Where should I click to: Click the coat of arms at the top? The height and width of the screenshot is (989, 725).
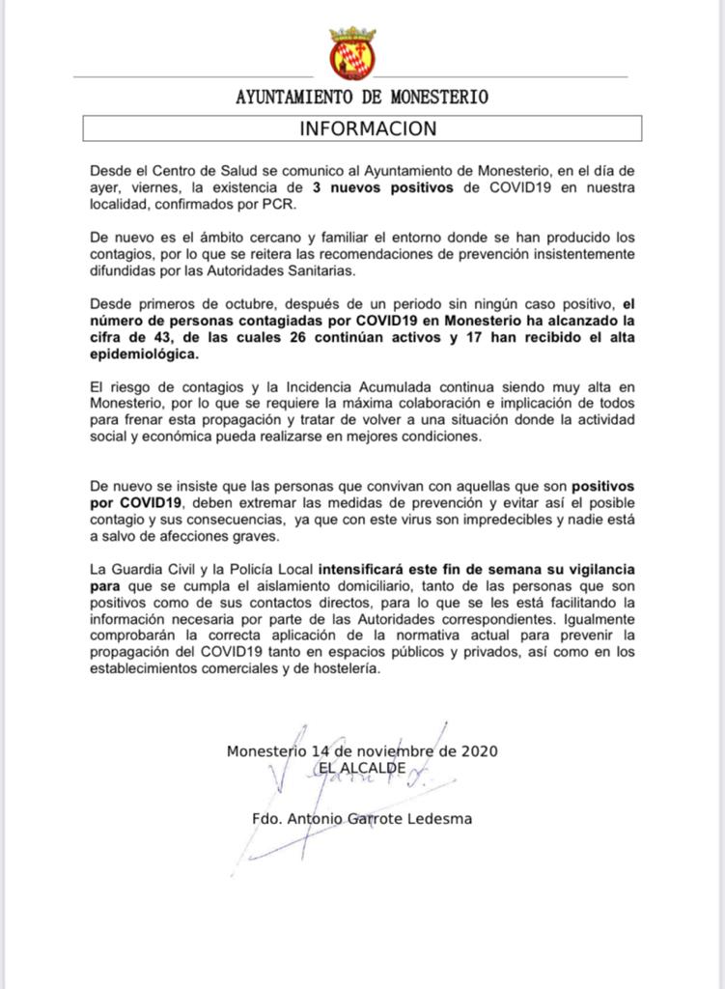(352, 53)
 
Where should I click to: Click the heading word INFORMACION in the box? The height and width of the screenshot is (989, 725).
(368, 128)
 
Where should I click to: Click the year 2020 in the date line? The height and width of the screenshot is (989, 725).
(480, 750)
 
